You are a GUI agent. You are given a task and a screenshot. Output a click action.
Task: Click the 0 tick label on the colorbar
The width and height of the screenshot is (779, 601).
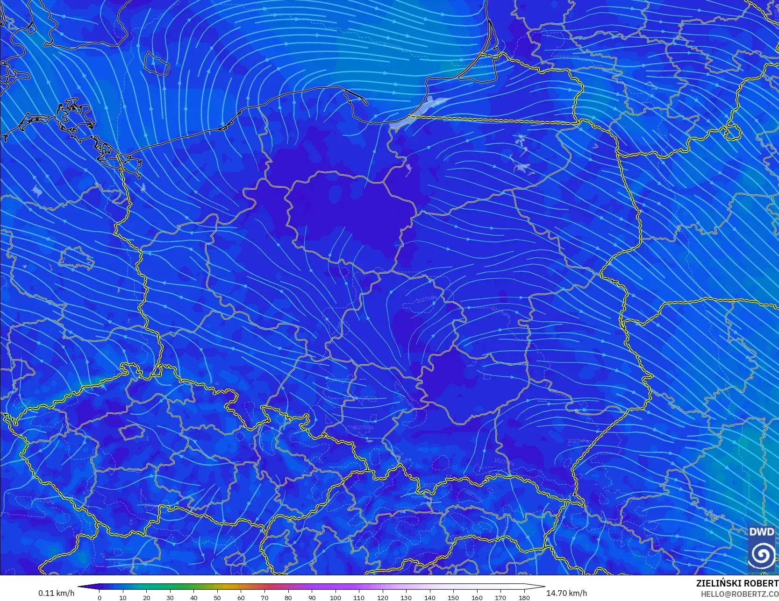click(100, 597)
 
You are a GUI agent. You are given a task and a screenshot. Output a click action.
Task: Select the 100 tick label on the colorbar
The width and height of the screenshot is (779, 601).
click(335, 597)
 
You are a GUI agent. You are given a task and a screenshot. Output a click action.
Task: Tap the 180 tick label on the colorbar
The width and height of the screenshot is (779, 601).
click(524, 597)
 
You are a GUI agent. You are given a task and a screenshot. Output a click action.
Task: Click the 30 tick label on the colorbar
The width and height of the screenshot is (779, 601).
click(170, 597)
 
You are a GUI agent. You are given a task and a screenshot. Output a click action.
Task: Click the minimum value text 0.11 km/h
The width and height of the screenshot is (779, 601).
click(56, 593)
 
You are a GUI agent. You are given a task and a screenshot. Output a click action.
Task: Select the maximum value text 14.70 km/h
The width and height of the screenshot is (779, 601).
click(566, 593)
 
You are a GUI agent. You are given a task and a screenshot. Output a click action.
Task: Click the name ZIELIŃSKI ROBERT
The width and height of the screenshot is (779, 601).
click(737, 583)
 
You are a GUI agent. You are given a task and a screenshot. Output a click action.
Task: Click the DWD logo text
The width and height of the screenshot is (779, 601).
click(761, 532)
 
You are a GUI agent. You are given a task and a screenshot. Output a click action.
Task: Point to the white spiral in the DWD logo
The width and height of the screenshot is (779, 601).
click(761, 554)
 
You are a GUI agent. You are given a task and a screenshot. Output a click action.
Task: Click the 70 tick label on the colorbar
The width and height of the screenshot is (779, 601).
click(264, 597)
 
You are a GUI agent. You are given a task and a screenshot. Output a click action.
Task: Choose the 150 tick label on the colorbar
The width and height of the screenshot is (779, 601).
click(453, 597)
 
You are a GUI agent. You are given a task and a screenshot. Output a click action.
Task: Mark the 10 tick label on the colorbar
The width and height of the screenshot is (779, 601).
click(123, 597)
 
